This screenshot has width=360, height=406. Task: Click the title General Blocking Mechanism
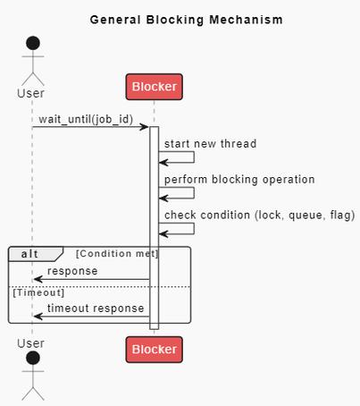187,19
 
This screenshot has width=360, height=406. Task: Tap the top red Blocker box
154,87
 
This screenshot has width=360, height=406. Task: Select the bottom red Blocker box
154,348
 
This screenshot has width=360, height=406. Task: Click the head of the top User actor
32,44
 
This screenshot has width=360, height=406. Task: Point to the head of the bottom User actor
32,359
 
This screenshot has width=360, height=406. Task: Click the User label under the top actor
31,93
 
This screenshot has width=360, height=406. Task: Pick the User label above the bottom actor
31,343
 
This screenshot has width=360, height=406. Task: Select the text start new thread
210,143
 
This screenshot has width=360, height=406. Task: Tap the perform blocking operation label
239,179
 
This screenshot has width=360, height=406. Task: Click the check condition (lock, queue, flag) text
259,215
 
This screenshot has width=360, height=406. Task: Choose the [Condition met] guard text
117,254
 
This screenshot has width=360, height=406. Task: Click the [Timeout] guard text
38,292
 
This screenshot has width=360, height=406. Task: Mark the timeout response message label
95,308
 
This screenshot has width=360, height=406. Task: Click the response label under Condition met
72,271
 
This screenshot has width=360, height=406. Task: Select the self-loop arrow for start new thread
192,157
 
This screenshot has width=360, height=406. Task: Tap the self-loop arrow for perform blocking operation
192,193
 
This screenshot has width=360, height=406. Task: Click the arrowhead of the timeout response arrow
37,316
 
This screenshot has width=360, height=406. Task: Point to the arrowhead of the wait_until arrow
144,127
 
